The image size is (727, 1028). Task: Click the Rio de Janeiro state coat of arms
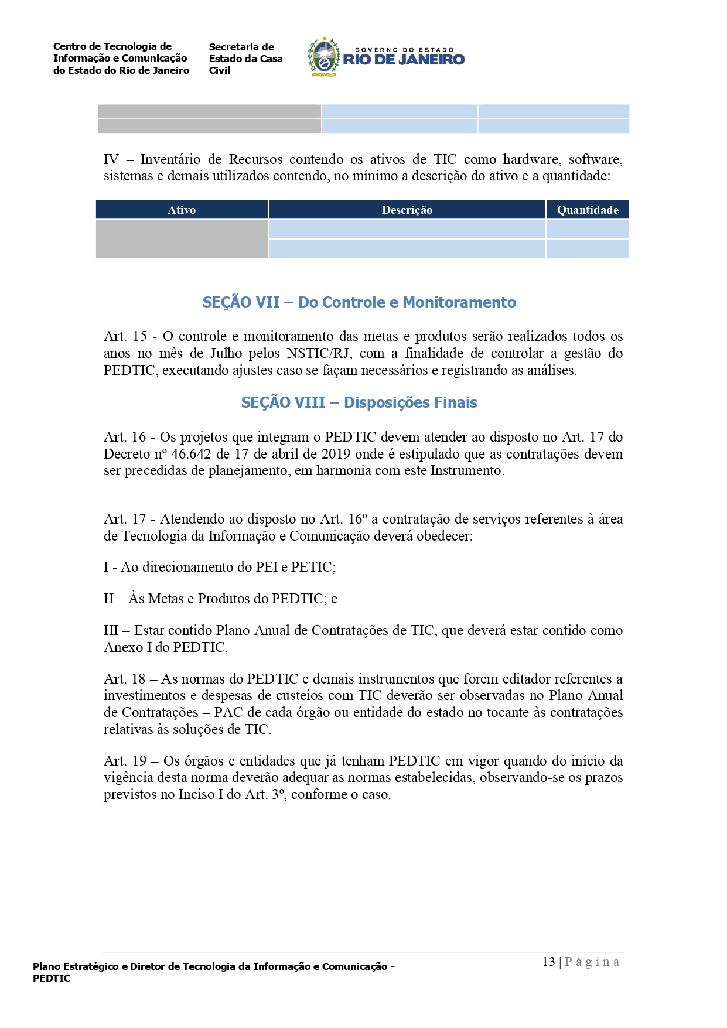[x=324, y=57]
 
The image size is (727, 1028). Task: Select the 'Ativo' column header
[x=182, y=210]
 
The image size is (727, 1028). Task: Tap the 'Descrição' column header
[x=407, y=210]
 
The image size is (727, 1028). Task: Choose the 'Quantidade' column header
[x=587, y=210]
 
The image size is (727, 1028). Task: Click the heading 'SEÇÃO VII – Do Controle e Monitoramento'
[x=359, y=302]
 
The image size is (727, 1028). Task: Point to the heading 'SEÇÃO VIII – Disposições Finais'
[x=359, y=402]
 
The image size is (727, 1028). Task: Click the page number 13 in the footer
[x=548, y=962]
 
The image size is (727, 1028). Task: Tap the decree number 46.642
[x=191, y=454]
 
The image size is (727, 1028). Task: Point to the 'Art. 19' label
[x=125, y=761]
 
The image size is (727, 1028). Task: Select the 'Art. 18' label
[x=124, y=679]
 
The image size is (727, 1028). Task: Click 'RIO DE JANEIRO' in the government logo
[x=404, y=60]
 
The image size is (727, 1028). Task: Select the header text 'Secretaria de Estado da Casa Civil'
[x=245, y=59]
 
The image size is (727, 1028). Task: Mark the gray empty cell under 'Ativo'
[x=182, y=239]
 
